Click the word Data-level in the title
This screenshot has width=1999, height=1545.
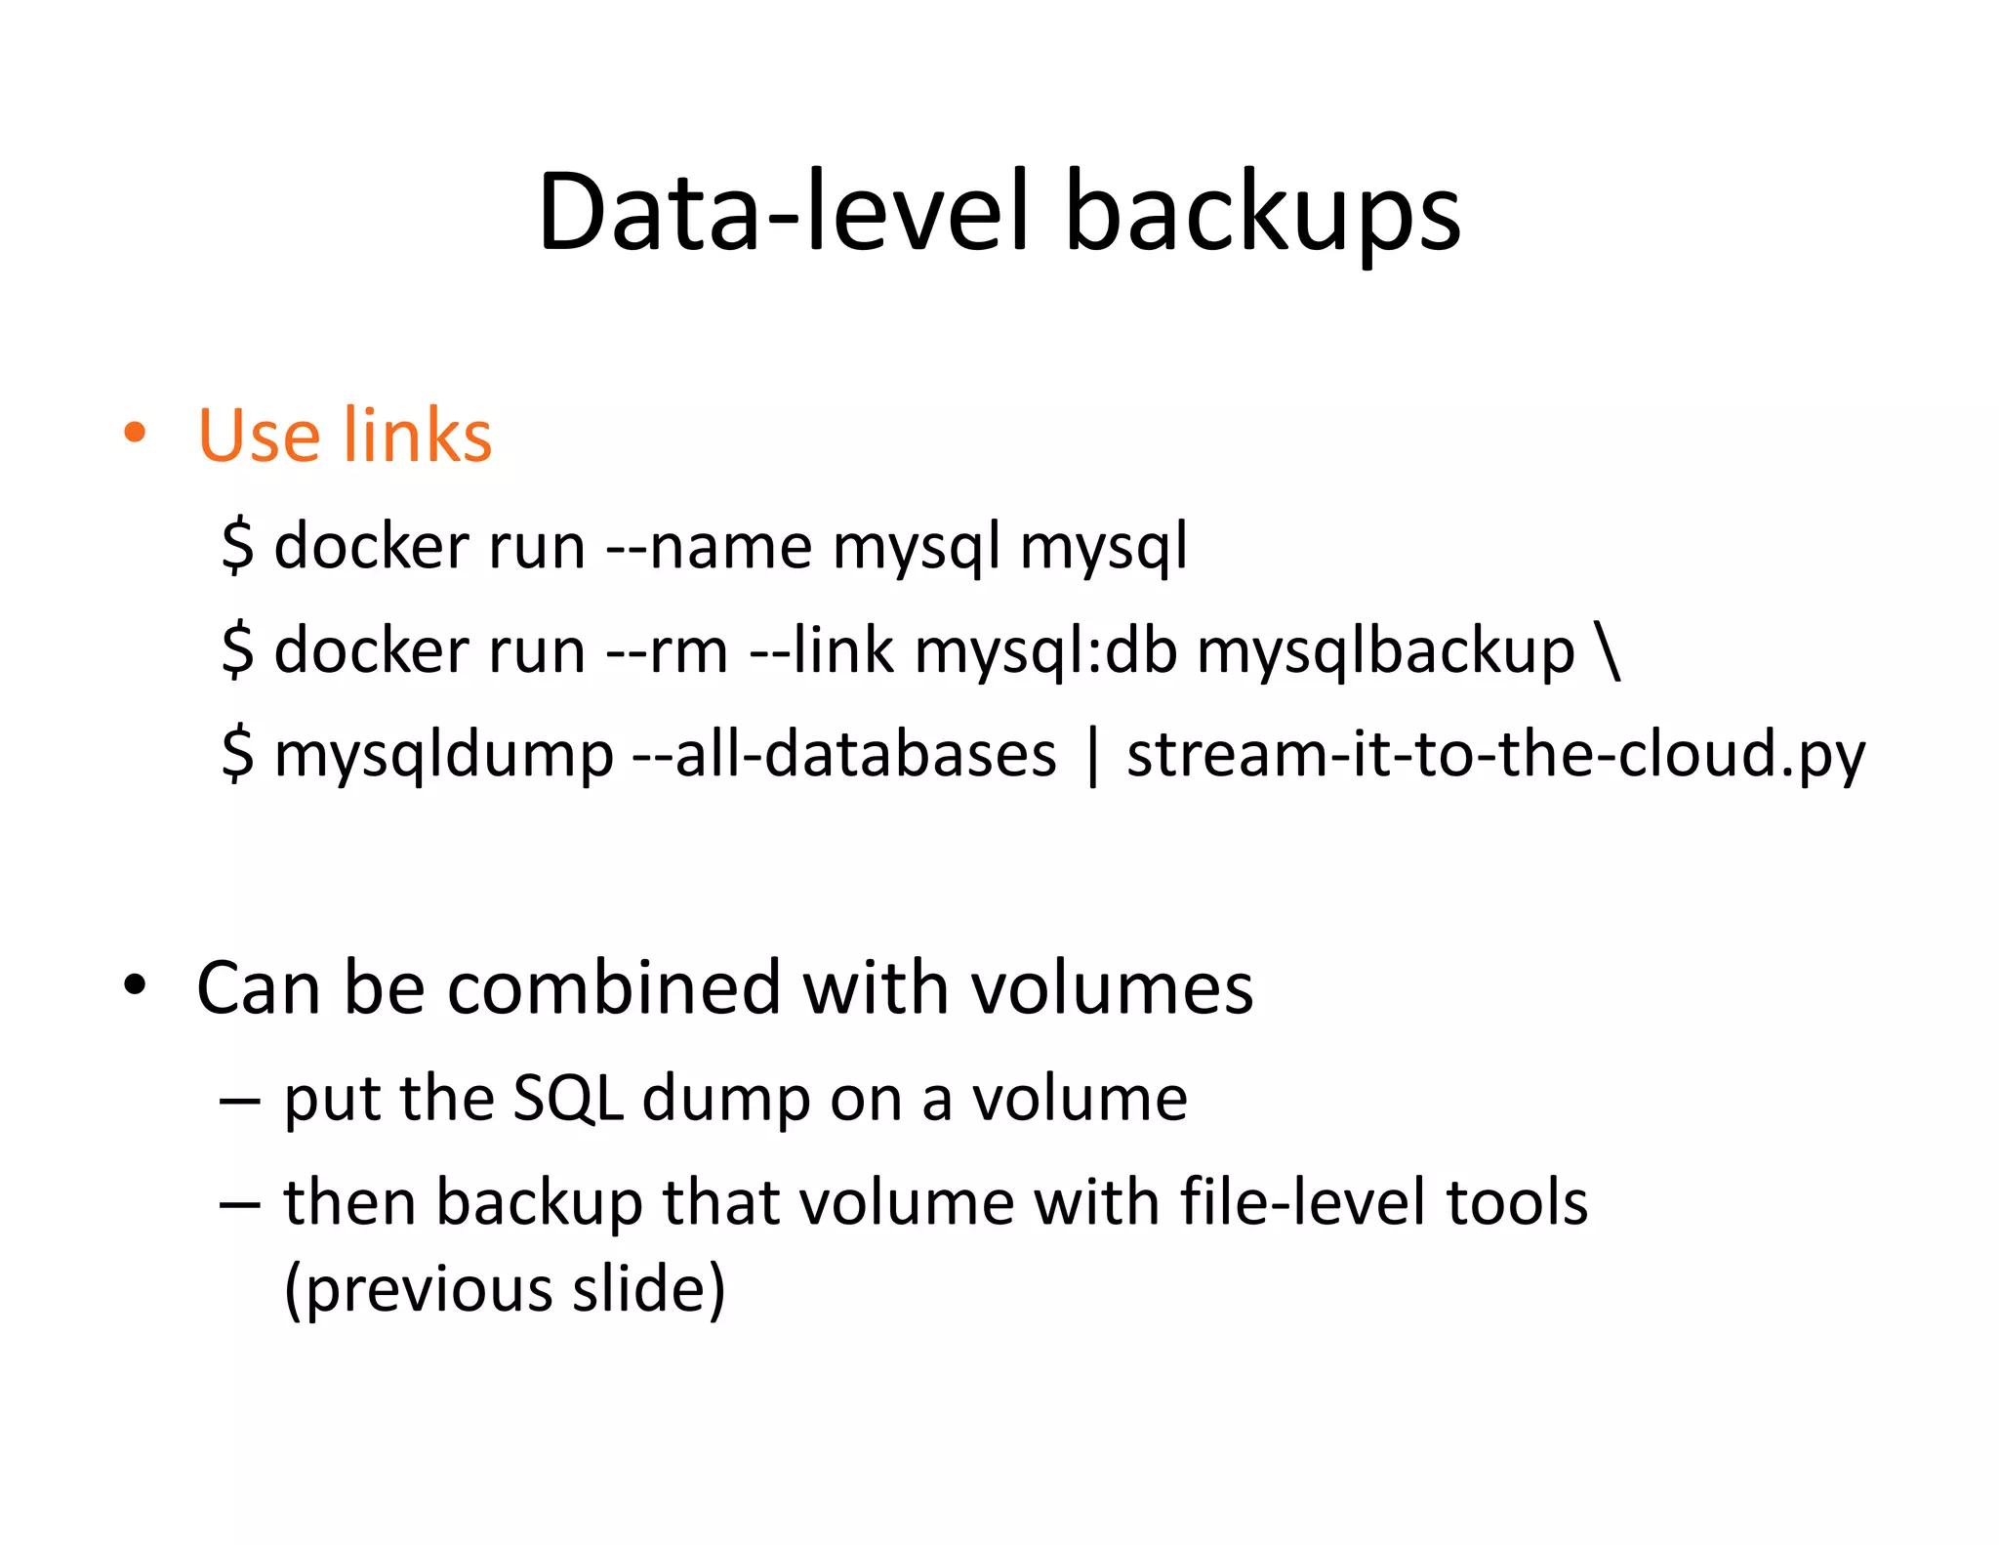[x=782, y=213]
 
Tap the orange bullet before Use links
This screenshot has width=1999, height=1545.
[x=135, y=433]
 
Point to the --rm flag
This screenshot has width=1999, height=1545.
[x=666, y=650]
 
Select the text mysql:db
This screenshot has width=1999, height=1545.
[x=1045, y=650]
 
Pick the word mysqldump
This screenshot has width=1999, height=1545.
[x=444, y=756]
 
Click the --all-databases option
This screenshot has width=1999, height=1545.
[x=844, y=754]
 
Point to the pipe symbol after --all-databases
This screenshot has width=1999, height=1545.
[x=1092, y=756]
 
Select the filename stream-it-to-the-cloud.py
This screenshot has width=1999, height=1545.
[x=1495, y=756]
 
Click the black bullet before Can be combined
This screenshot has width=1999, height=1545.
[x=135, y=986]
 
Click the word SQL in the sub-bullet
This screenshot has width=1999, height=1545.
[x=567, y=1099]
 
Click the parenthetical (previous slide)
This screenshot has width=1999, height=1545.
[x=505, y=1288]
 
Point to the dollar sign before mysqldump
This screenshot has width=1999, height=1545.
[x=237, y=755]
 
